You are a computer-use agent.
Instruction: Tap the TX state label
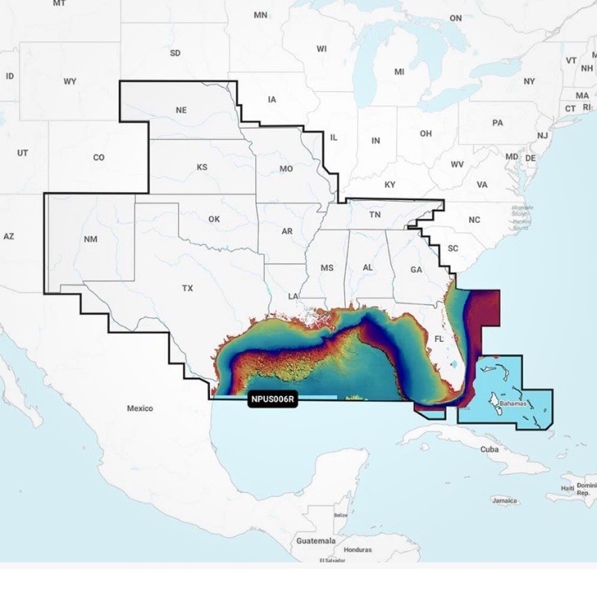click(188, 288)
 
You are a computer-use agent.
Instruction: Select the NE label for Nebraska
click(182, 110)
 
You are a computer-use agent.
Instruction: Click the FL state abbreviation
click(439, 338)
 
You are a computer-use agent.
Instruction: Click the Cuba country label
click(489, 449)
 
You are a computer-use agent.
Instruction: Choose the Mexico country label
click(140, 408)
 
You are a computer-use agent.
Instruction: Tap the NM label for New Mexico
click(90, 240)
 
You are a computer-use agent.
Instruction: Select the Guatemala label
click(316, 541)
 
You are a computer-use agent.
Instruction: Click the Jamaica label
click(505, 501)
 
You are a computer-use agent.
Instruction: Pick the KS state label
click(203, 167)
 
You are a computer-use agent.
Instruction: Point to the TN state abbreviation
click(375, 215)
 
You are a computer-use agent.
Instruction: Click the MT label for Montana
click(59, 4)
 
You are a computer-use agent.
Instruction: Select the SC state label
click(454, 247)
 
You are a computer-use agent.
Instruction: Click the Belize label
click(340, 515)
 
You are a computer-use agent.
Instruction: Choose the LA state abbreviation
click(293, 296)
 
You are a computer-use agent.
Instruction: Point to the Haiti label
click(567, 488)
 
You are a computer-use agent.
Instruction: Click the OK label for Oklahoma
click(214, 219)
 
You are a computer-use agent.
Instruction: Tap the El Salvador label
click(332, 560)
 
